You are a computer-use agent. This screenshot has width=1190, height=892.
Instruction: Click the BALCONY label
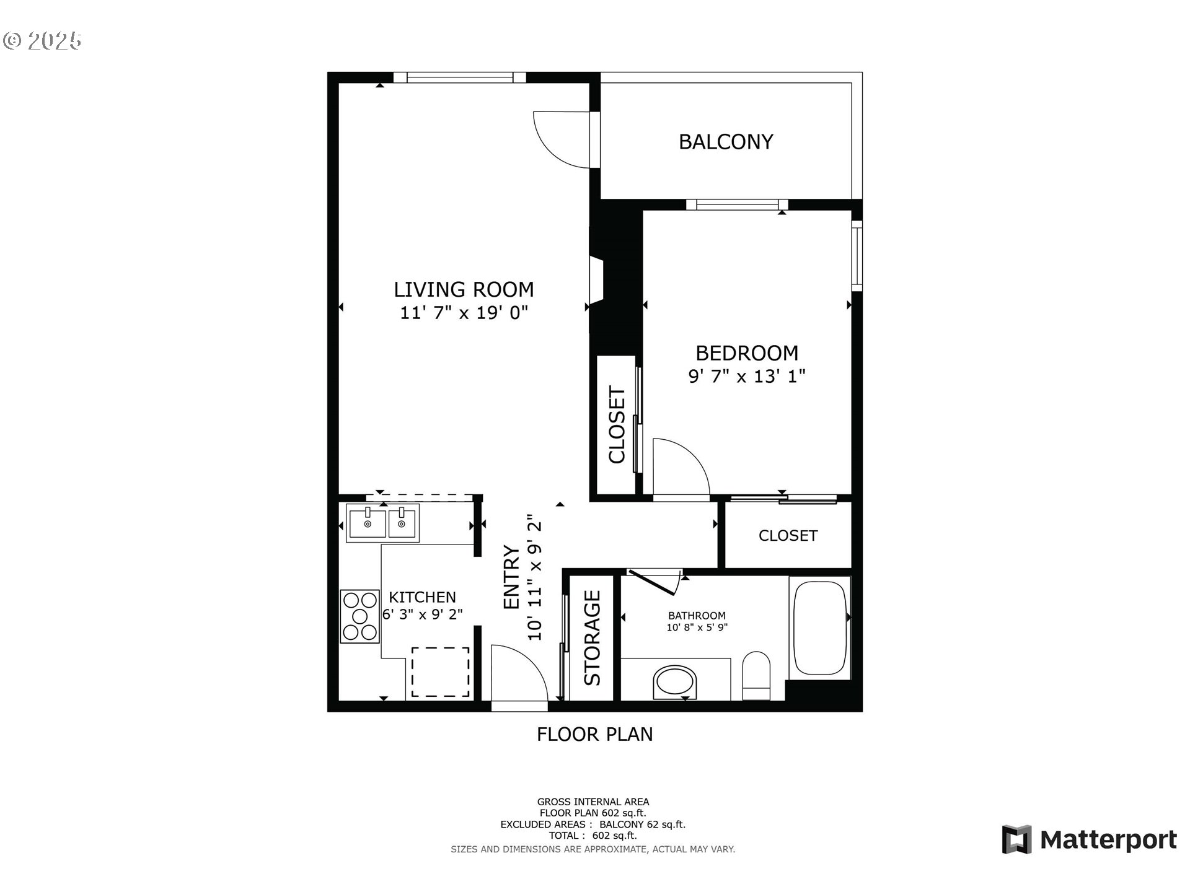point(726,142)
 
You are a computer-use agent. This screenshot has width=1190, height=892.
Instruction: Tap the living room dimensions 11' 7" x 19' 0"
point(464,313)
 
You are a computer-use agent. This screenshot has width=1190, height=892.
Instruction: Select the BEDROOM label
point(747,353)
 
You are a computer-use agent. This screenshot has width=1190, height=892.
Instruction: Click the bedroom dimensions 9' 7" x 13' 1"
point(747,376)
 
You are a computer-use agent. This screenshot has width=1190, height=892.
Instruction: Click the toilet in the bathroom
point(756,675)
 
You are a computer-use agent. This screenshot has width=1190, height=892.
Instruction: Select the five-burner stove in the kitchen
point(359,616)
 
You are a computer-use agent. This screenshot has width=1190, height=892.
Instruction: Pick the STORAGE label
point(593,638)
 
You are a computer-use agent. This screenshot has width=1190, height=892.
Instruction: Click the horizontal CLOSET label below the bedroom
point(788,536)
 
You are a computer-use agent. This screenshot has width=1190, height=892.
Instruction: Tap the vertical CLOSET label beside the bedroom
point(617,425)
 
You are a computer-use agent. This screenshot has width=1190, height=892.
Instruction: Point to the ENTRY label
point(511,577)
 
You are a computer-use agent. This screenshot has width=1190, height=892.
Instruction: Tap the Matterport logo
point(1089,840)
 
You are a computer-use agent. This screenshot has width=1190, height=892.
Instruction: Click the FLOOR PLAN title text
point(594,735)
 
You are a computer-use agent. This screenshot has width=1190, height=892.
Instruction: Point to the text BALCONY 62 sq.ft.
point(642,824)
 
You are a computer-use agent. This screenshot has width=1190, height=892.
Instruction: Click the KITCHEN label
point(422,597)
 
